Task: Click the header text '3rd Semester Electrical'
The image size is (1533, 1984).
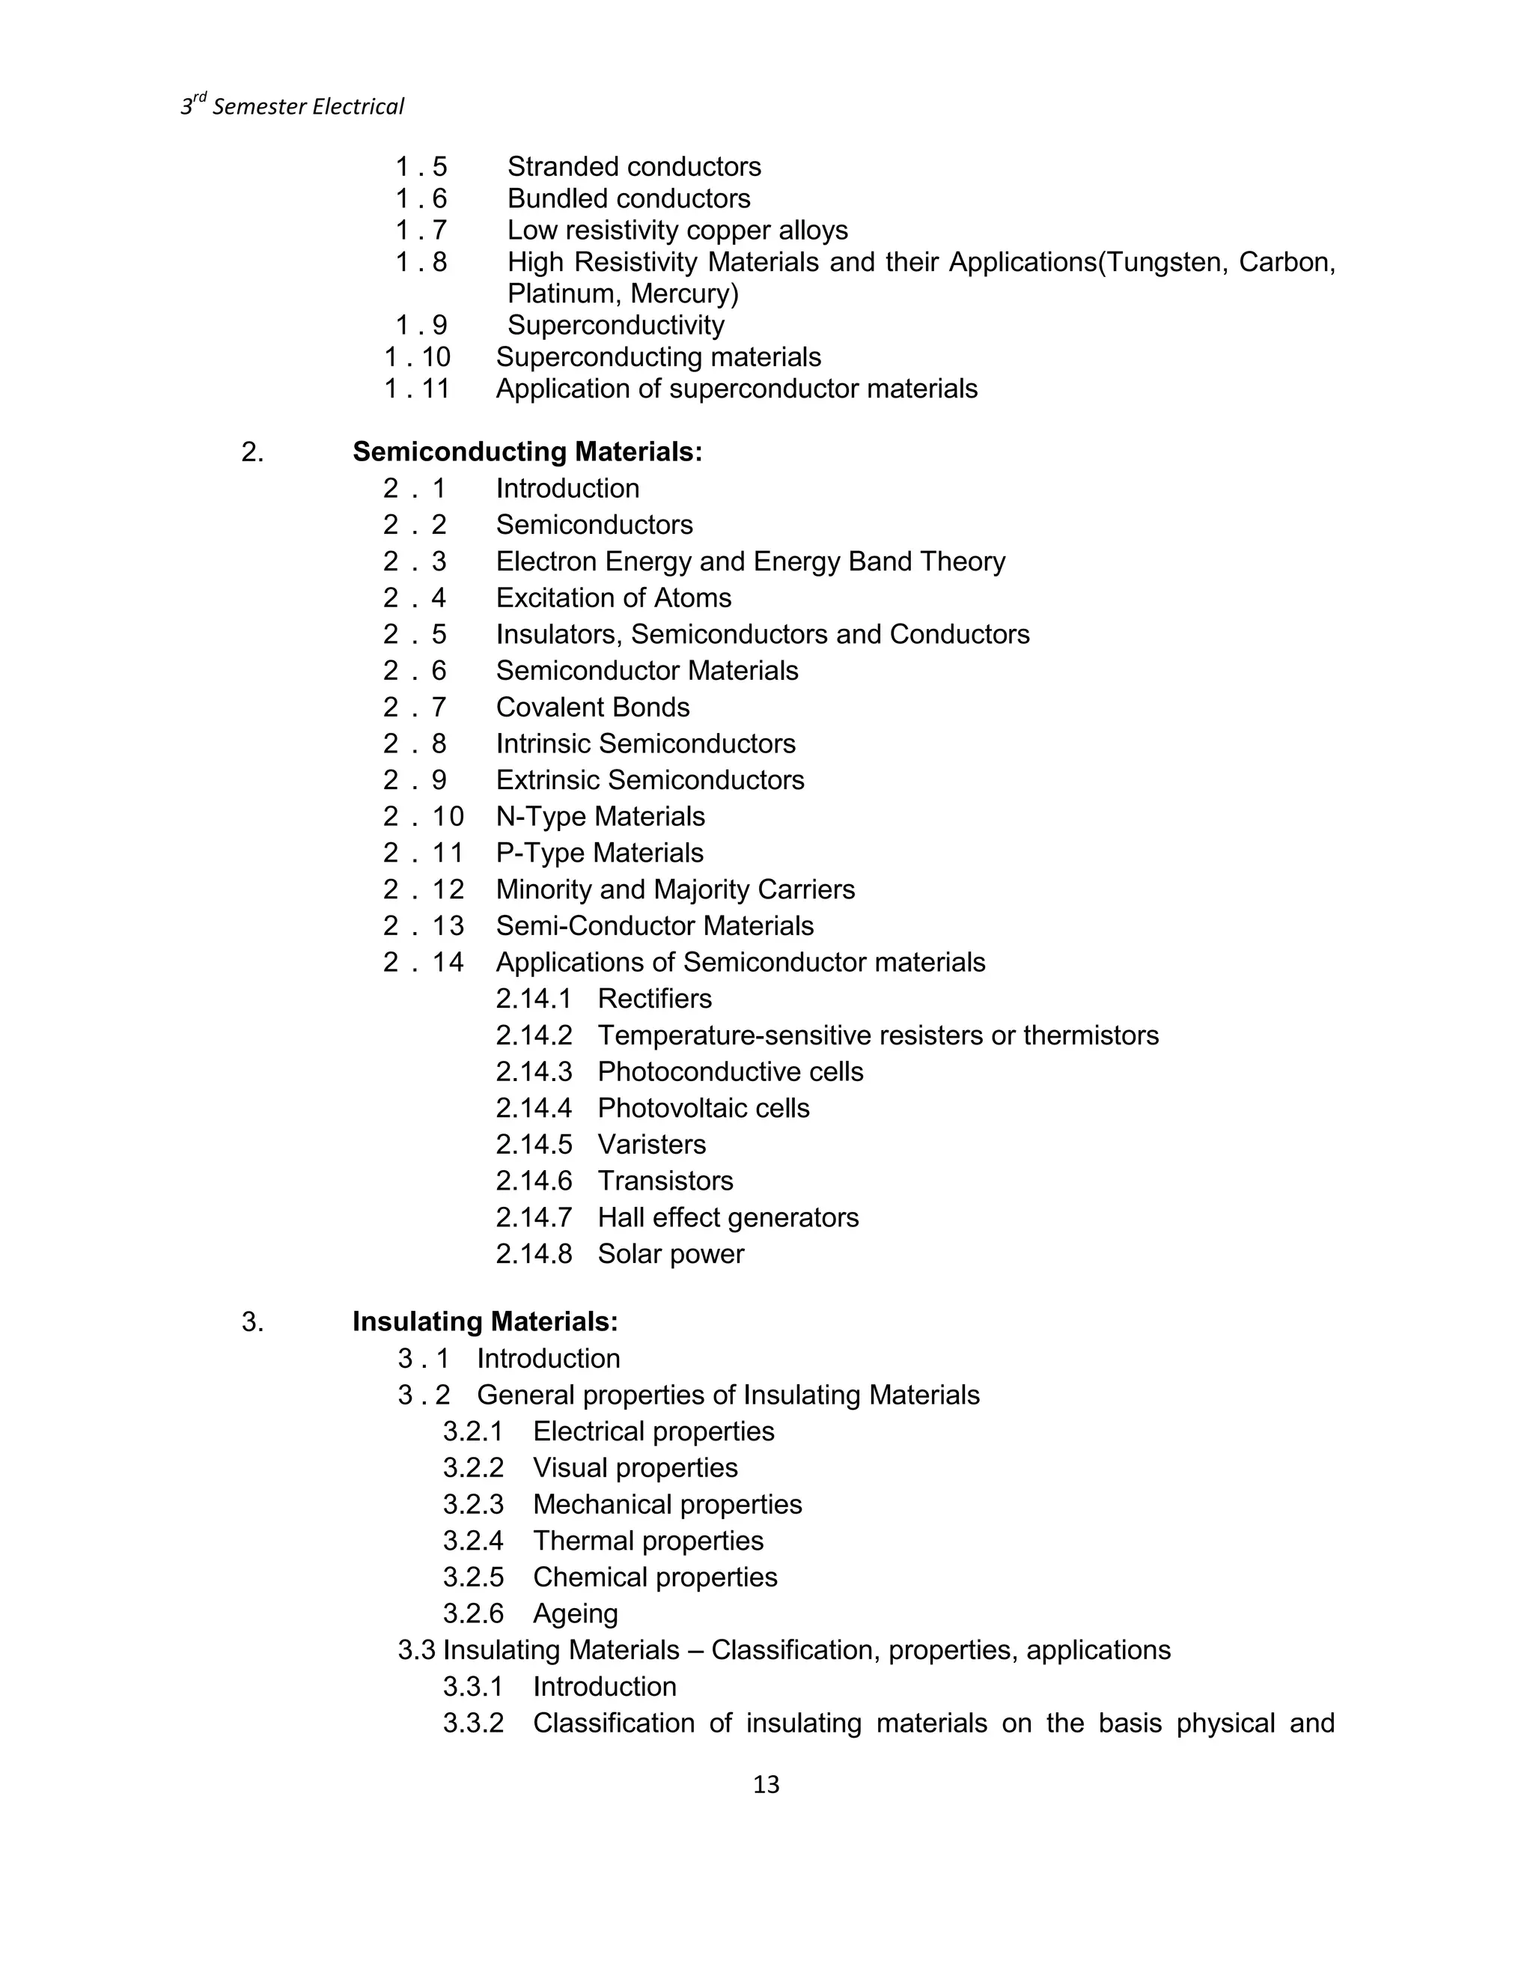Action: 293,107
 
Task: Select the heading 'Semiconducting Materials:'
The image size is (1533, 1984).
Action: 527,451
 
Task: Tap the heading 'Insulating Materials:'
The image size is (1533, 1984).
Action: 485,1321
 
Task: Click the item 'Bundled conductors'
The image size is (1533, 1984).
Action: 629,199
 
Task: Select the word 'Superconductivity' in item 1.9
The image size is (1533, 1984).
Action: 616,325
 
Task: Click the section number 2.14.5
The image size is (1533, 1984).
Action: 534,1145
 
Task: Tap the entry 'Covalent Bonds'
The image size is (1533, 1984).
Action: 592,708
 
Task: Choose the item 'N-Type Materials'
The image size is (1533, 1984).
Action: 600,817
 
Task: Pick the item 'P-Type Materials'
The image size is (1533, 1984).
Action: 600,853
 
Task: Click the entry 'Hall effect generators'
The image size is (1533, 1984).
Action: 728,1217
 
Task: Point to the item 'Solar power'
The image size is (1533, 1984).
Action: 670,1253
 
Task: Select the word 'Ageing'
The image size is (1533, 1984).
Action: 575,1613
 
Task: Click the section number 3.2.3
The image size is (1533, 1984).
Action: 473,1504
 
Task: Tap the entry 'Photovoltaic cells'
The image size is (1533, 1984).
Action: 703,1108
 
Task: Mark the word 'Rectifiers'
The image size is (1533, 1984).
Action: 654,999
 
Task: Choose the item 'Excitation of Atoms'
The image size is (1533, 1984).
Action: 613,597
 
